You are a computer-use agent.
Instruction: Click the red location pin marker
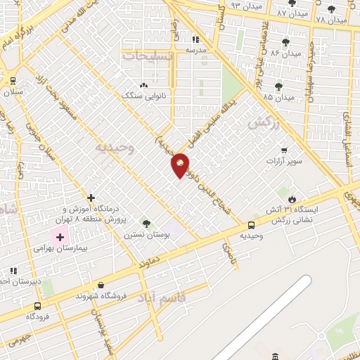[180, 165]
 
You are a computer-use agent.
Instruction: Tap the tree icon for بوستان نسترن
[146, 224]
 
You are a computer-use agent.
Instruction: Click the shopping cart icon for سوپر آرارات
[283, 150]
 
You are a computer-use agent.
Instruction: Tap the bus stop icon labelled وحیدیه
[252, 225]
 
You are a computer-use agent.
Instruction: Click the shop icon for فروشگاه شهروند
[102, 285]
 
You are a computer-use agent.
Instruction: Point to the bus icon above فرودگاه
[37, 306]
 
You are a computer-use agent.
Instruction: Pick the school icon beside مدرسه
[195, 39]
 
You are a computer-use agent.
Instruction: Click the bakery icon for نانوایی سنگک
[143, 85]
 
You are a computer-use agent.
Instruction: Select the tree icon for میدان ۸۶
[284, 42]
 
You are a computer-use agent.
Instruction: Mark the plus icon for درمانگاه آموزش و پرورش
[91, 198]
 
